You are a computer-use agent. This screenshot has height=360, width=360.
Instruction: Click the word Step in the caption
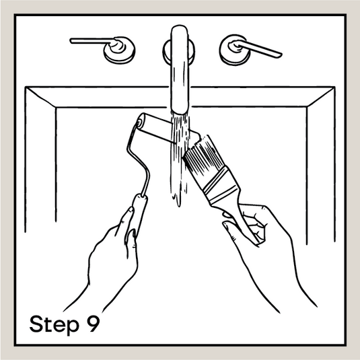pyautogui.click(x=55, y=324)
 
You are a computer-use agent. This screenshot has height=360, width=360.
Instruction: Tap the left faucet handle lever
pyautogui.click(x=92, y=41)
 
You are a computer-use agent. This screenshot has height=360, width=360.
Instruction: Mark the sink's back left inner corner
pyautogui.click(x=56, y=108)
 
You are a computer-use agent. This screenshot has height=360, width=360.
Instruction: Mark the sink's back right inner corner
pyautogui.click(x=308, y=107)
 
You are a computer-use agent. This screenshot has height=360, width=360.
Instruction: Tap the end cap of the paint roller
pyautogui.click(x=139, y=122)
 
